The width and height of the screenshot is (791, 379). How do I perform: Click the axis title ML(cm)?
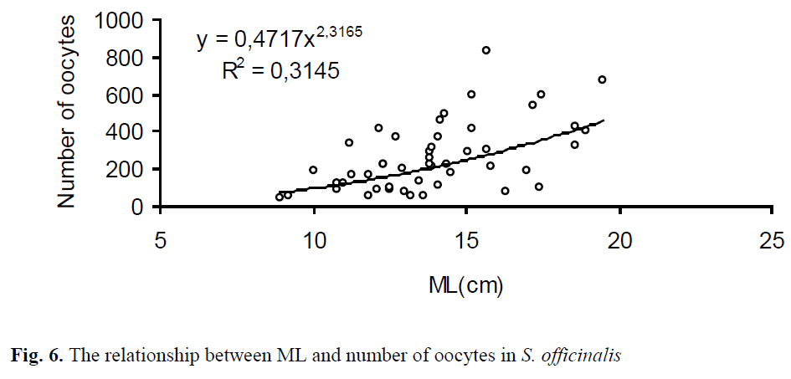coord(465,287)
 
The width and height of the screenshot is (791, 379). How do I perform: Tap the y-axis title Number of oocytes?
coord(69,114)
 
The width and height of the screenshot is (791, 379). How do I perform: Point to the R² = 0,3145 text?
coord(280,71)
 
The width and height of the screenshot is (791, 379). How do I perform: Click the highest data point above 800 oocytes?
coord(485,50)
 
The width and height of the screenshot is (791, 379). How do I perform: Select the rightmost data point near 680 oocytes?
coord(602,79)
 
